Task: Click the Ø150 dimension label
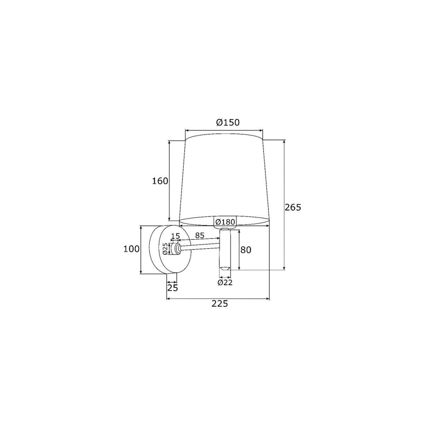pyautogui.click(x=228, y=123)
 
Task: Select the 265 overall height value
pyautogui.click(x=293, y=207)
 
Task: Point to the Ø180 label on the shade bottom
pyautogui.click(x=225, y=222)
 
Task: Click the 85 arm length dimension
pyautogui.click(x=200, y=235)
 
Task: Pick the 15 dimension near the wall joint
pyautogui.click(x=176, y=236)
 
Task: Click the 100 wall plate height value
pyautogui.click(x=131, y=249)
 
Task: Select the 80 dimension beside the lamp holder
pyautogui.click(x=246, y=250)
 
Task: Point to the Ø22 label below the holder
pyautogui.click(x=225, y=283)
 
